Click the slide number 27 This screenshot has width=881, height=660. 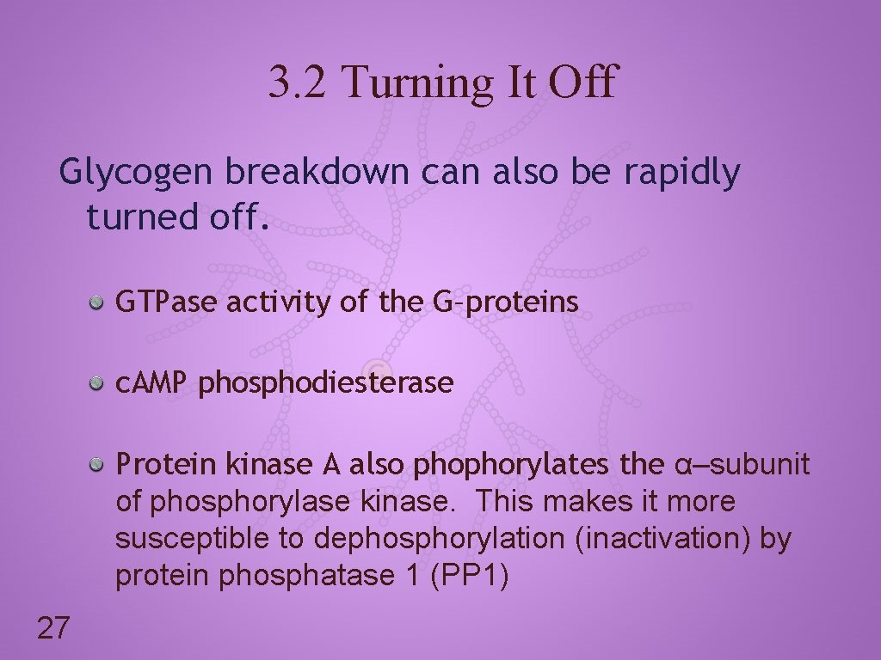[53, 628]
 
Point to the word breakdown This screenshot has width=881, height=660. [317, 173]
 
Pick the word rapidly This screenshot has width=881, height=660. [681, 173]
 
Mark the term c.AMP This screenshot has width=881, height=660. [151, 383]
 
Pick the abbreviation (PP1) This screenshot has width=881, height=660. [470, 576]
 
